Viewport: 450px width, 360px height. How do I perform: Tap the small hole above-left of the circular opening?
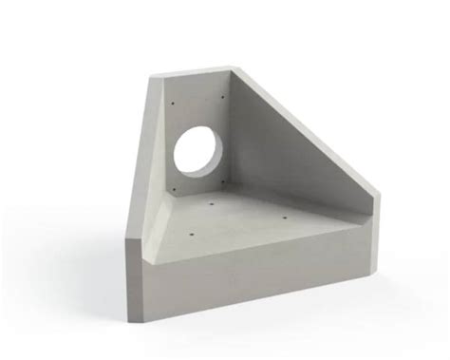174,103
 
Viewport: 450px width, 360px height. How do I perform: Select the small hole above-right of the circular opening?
223,97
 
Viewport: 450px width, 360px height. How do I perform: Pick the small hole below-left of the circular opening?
174,188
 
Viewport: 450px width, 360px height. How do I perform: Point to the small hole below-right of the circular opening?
222,181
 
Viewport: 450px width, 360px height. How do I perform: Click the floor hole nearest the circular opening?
211,204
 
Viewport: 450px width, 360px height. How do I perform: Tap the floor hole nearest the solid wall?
285,218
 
